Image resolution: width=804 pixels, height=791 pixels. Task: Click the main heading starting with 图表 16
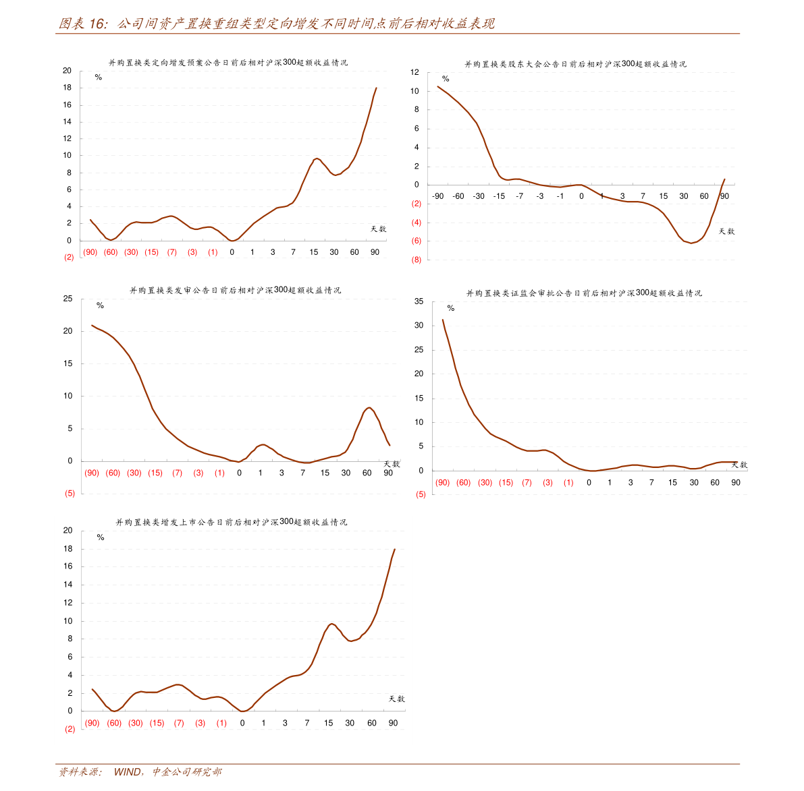[277, 24]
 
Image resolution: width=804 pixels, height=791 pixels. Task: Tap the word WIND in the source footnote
[127, 771]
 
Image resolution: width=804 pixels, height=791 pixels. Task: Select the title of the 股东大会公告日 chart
[575, 64]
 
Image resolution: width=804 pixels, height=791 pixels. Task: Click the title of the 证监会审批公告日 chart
[584, 293]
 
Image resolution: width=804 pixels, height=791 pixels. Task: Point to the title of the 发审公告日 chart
[235, 291]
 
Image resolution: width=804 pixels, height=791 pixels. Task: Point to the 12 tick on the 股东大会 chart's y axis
[414, 72]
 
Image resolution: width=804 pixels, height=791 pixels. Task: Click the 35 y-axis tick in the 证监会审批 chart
[419, 301]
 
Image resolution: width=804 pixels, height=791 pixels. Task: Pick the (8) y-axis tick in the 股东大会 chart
[416, 260]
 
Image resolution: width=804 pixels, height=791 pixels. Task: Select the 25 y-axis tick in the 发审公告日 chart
[68, 299]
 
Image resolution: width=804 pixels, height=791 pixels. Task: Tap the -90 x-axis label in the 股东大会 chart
[438, 196]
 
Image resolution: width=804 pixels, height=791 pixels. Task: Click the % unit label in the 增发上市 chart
[101, 537]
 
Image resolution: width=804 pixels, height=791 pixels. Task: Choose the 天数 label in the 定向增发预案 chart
[378, 229]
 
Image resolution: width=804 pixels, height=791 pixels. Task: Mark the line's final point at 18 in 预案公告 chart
[376, 88]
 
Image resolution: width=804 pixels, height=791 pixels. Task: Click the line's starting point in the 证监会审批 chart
[443, 320]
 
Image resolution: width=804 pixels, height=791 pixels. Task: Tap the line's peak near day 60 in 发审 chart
[369, 407]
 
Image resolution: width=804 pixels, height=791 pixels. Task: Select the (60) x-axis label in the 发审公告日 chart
[113, 473]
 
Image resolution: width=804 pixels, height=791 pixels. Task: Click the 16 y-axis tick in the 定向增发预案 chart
[67, 105]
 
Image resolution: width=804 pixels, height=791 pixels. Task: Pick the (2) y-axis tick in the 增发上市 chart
[70, 729]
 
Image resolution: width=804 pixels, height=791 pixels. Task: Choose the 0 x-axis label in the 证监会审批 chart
[589, 482]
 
